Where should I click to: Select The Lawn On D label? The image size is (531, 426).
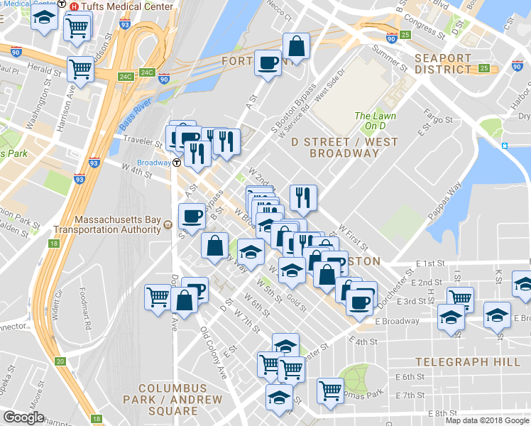376,121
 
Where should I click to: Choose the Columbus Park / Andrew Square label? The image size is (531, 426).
173,400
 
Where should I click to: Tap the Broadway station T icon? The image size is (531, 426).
176,163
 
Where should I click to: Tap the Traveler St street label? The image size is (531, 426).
138,141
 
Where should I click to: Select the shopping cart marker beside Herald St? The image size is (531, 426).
80,70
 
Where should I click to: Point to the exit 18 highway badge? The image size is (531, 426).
53,244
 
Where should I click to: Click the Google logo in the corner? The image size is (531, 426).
24,417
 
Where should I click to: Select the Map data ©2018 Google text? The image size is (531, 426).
487,420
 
